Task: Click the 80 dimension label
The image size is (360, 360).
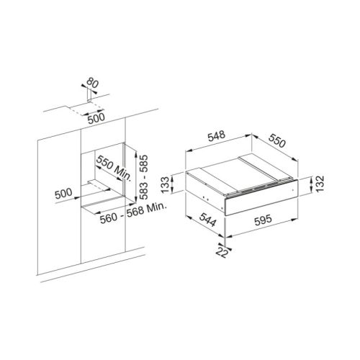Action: pyautogui.click(x=92, y=83)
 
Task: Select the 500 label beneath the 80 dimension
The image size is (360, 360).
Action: pyautogui.click(x=96, y=118)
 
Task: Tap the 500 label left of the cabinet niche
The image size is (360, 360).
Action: pyautogui.click(x=63, y=194)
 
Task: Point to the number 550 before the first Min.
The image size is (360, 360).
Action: pyautogui.click(x=104, y=163)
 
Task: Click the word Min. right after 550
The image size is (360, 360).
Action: pyautogui.click(x=122, y=174)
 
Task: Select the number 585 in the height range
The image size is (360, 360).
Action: pyautogui.click(x=143, y=164)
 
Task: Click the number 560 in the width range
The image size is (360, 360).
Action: pyautogui.click(x=109, y=218)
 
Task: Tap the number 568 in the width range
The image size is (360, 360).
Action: pyautogui.click(x=135, y=212)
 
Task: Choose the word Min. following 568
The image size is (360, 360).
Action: pyautogui.click(x=156, y=207)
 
